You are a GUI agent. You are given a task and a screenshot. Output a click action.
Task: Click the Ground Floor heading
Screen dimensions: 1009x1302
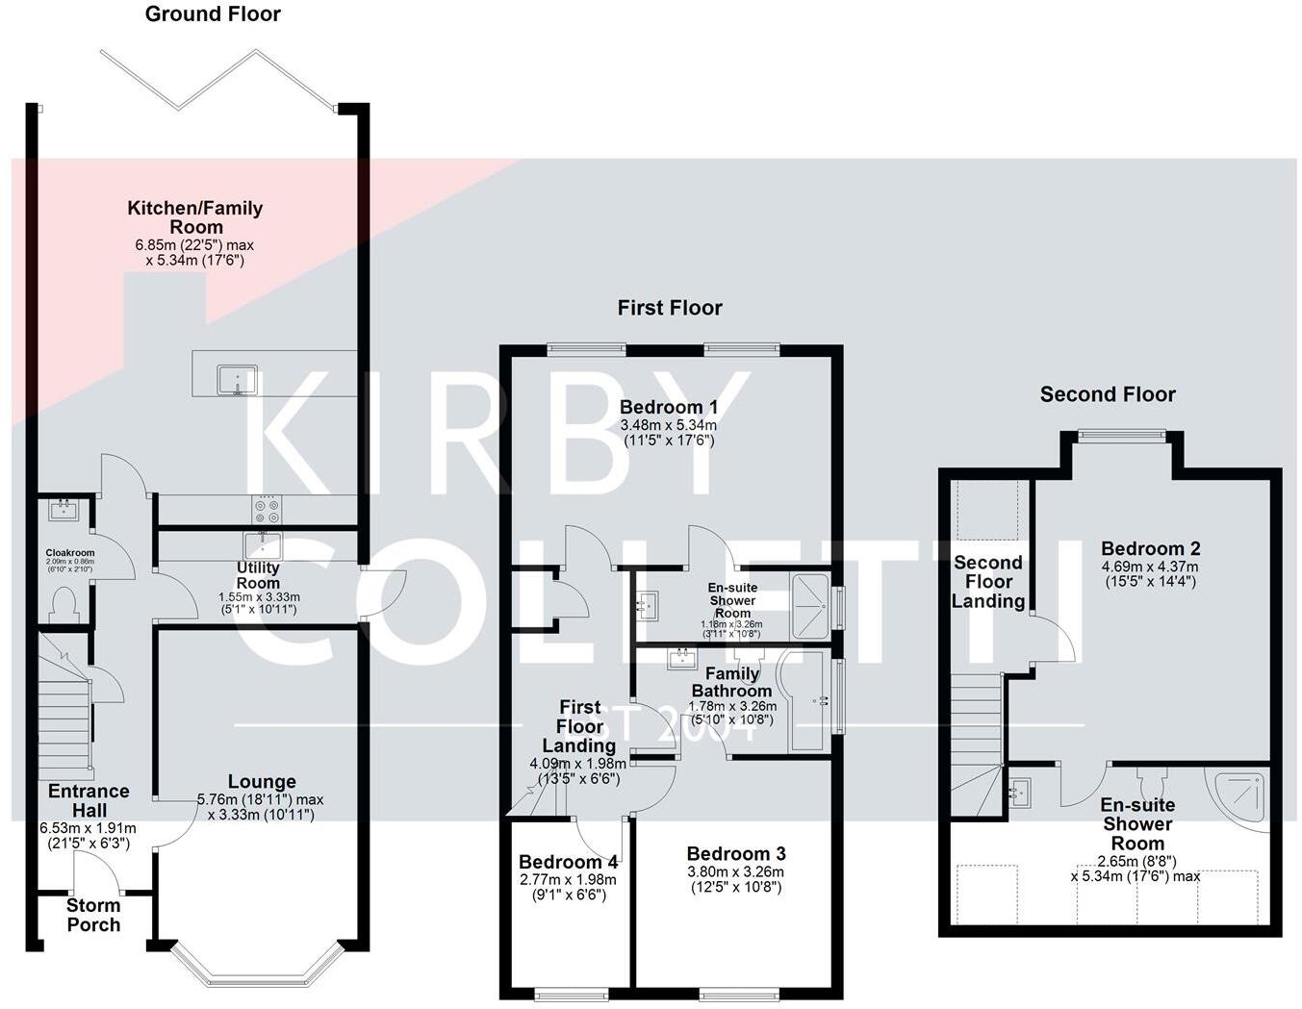pyautogui.click(x=213, y=14)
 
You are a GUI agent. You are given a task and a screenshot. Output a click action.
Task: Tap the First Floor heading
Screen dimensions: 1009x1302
pyautogui.click(x=670, y=308)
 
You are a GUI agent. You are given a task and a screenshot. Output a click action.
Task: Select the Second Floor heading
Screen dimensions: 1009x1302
pyautogui.click(x=1108, y=394)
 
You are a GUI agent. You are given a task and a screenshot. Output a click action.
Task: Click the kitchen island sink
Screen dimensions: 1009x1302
pyautogui.click(x=237, y=379)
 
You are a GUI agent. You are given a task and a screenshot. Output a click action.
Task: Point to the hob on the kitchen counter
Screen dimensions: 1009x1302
pyautogui.click(x=267, y=509)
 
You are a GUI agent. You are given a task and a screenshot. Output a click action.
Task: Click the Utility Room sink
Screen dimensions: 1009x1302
pyautogui.click(x=262, y=545)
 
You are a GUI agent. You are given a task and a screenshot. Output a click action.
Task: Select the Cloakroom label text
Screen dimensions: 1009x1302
pyautogui.click(x=69, y=553)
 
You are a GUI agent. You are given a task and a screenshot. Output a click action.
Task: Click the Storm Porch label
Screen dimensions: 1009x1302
pyautogui.click(x=93, y=915)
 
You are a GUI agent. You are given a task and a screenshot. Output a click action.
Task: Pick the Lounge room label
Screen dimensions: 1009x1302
pyautogui.click(x=262, y=782)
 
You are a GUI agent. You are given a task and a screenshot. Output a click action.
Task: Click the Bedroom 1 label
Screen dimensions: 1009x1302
pyautogui.click(x=668, y=407)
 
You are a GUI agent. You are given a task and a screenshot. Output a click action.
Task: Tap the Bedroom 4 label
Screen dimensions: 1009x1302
pyautogui.click(x=568, y=862)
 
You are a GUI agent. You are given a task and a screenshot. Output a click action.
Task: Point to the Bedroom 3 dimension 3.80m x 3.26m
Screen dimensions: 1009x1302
pyautogui.click(x=735, y=872)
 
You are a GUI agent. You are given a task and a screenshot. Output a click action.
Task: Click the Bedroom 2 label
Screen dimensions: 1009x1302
pyautogui.click(x=1150, y=549)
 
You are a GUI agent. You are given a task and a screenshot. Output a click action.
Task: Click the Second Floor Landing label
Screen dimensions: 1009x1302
pyautogui.click(x=988, y=582)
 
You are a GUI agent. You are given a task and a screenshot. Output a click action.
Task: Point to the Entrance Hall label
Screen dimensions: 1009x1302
pyautogui.click(x=89, y=800)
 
